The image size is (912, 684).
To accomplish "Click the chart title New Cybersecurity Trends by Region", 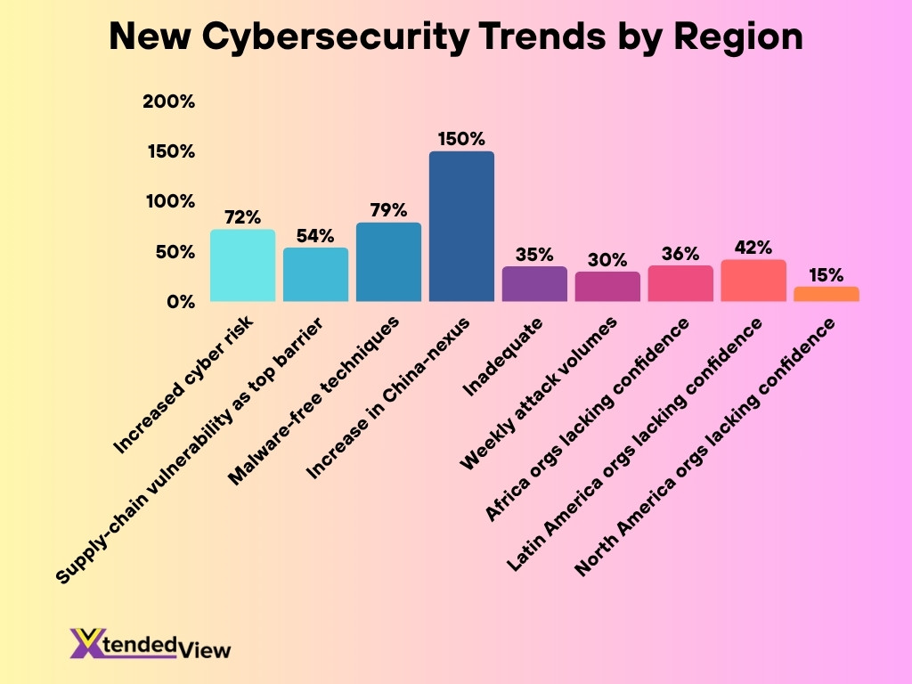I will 456,37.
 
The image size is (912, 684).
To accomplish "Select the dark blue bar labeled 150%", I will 461,226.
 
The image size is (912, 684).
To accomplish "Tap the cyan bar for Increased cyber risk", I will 242,265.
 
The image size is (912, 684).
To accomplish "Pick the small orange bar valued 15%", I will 826,294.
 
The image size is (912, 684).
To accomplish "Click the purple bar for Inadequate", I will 534,284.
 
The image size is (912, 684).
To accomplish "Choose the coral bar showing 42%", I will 753,281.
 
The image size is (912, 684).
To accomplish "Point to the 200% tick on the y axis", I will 168,102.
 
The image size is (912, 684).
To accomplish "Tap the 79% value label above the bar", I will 388,210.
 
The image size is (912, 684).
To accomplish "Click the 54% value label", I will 315,236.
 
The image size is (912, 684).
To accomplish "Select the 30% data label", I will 607,260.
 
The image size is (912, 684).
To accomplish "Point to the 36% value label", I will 680,254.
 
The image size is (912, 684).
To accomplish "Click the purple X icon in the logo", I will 85,642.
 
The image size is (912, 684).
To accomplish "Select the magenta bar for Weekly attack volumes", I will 607,287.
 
